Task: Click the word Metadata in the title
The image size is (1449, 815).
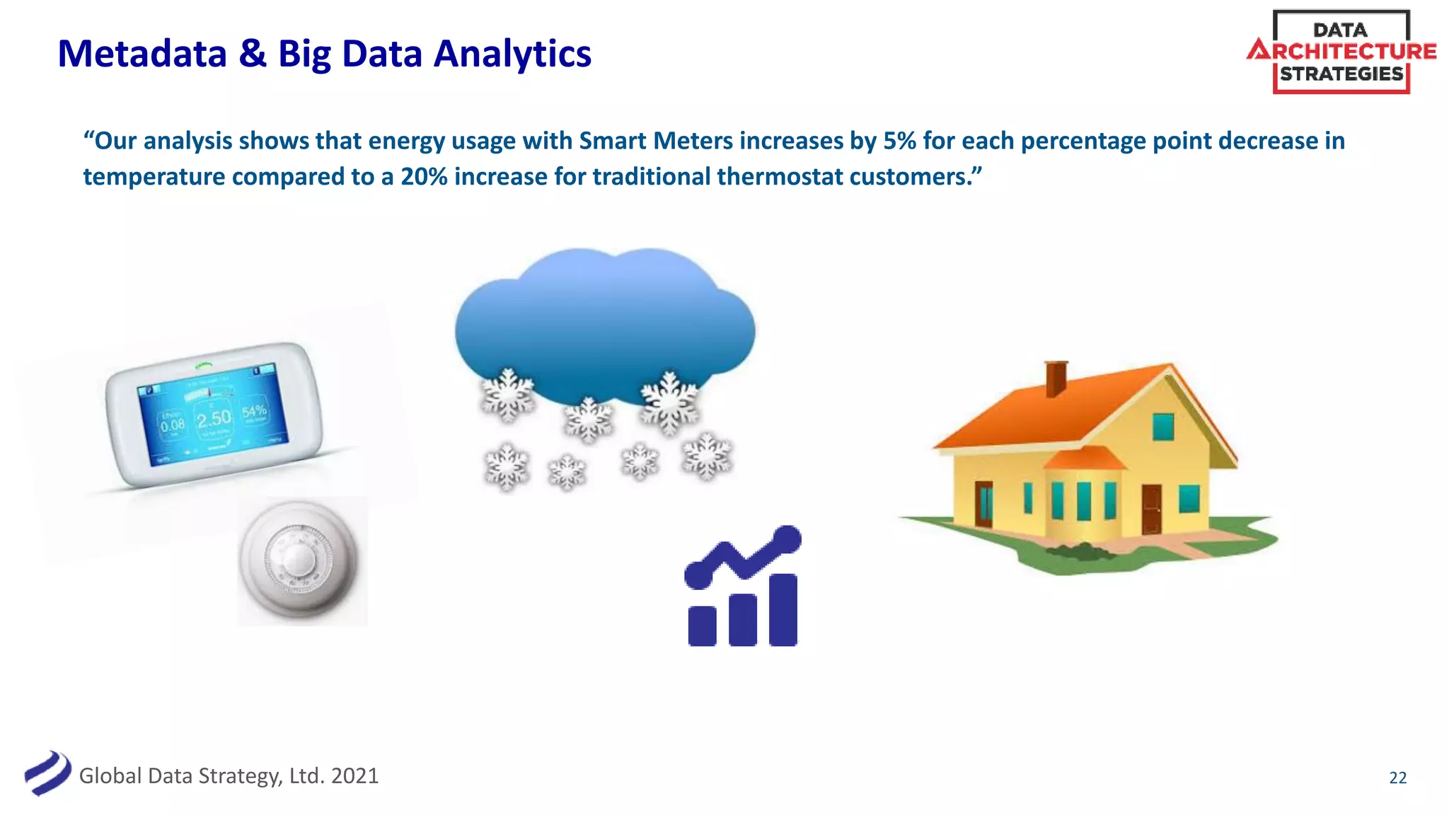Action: (x=142, y=54)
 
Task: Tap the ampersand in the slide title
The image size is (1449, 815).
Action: (x=253, y=54)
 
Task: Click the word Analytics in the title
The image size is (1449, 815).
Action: (x=512, y=54)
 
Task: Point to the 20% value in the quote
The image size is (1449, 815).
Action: (x=424, y=176)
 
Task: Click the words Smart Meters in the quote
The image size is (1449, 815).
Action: (x=655, y=141)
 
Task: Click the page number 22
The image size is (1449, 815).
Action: (x=1397, y=778)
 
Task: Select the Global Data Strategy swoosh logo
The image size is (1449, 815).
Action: (x=47, y=773)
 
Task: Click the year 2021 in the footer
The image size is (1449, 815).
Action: (x=354, y=776)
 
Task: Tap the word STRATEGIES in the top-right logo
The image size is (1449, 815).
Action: (x=1341, y=74)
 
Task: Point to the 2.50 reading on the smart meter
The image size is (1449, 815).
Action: (x=214, y=419)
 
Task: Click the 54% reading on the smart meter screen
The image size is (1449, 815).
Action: (x=254, y=411)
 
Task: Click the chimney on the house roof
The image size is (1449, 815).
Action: (x=1056, y=378)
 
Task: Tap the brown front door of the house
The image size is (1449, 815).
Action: (x=1151, y=509)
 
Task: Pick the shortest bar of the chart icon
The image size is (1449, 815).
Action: (x=702, y=625)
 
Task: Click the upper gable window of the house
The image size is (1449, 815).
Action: (x=1162, y=427)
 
